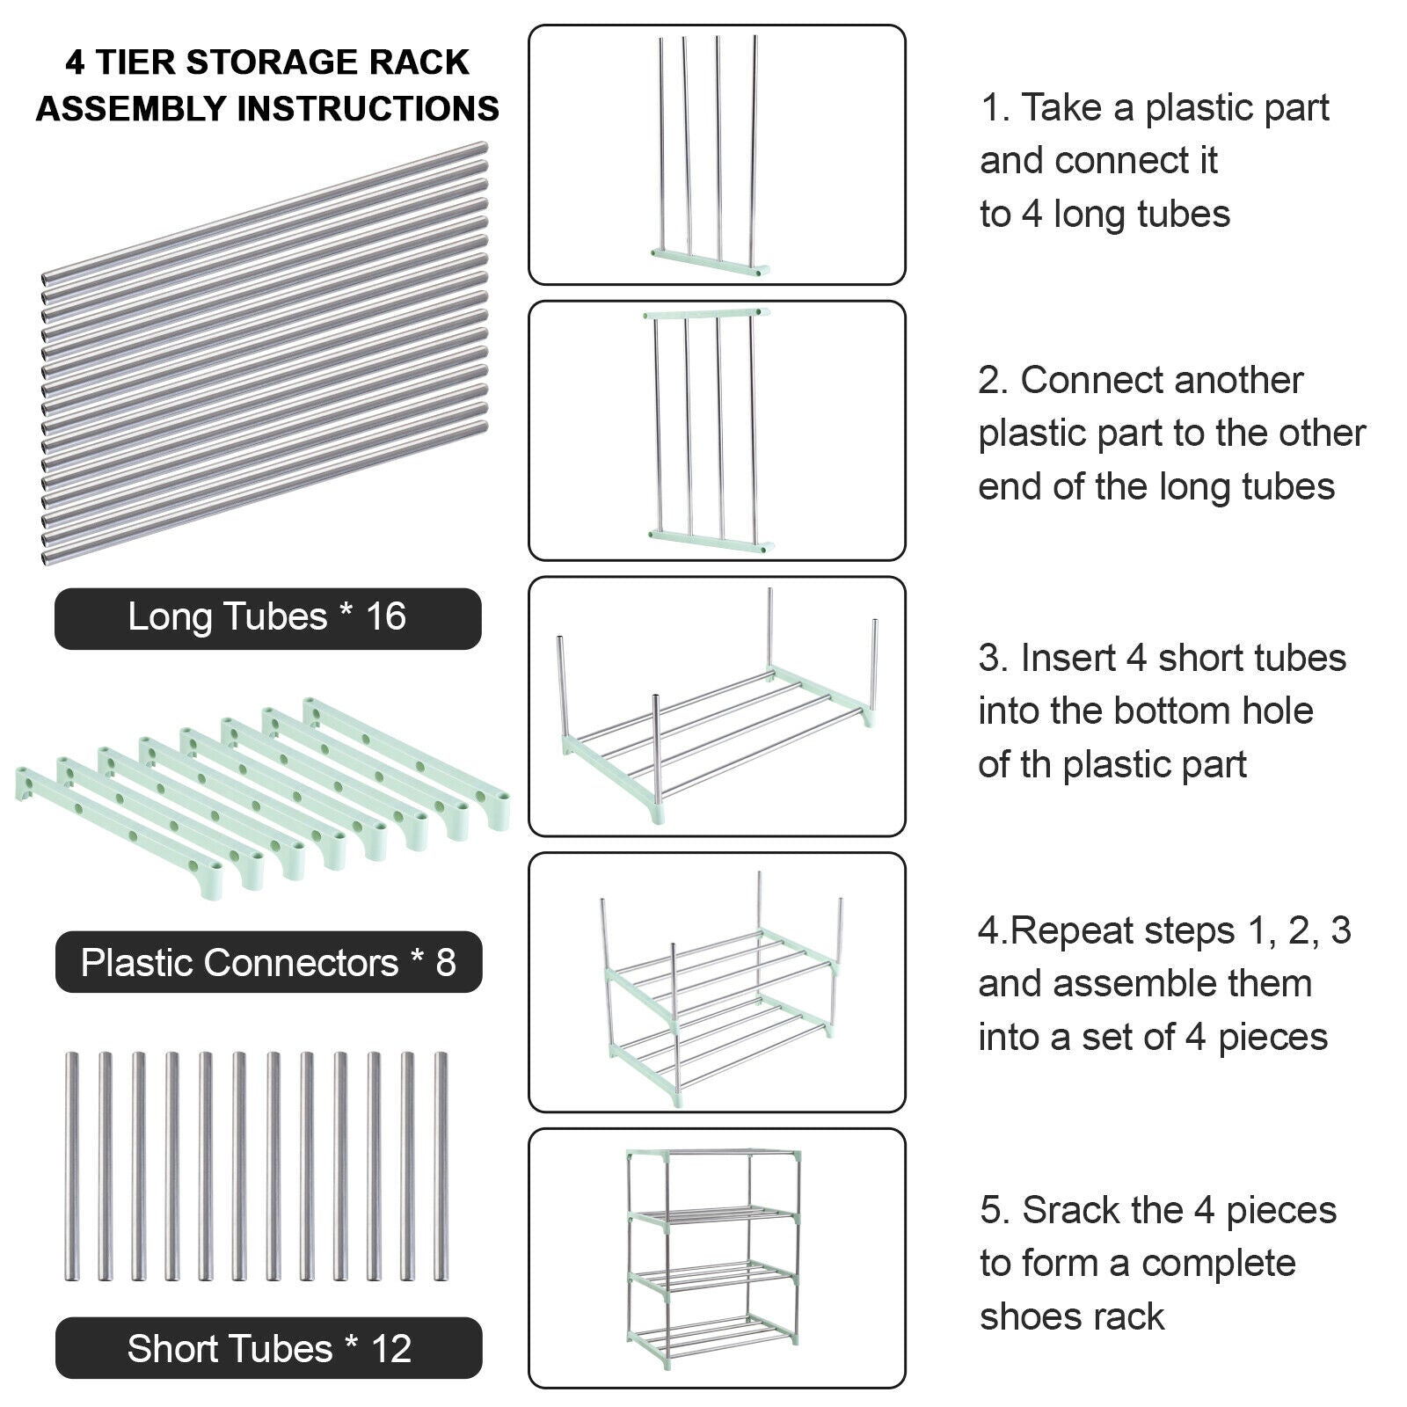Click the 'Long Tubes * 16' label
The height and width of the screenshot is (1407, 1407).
point(267,617)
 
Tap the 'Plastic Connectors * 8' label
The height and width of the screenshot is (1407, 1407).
point(268,963)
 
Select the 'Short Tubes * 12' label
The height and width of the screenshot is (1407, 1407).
point(268,1348)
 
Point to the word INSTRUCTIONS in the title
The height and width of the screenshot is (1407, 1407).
point(368,109)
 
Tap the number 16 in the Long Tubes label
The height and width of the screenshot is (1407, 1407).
point(385,617)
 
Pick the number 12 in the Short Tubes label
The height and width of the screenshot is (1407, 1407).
point(390,1348)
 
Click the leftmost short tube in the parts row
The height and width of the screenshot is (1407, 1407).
point(72,1165)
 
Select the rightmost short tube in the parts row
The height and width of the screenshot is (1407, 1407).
point(441,1165)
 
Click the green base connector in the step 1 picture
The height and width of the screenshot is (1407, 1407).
point(711,261)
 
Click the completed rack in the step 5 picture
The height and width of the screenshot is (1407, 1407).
point(714,1258)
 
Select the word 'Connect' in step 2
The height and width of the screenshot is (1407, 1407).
point(1090,381)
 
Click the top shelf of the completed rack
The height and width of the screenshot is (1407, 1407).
point(714,1154)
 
